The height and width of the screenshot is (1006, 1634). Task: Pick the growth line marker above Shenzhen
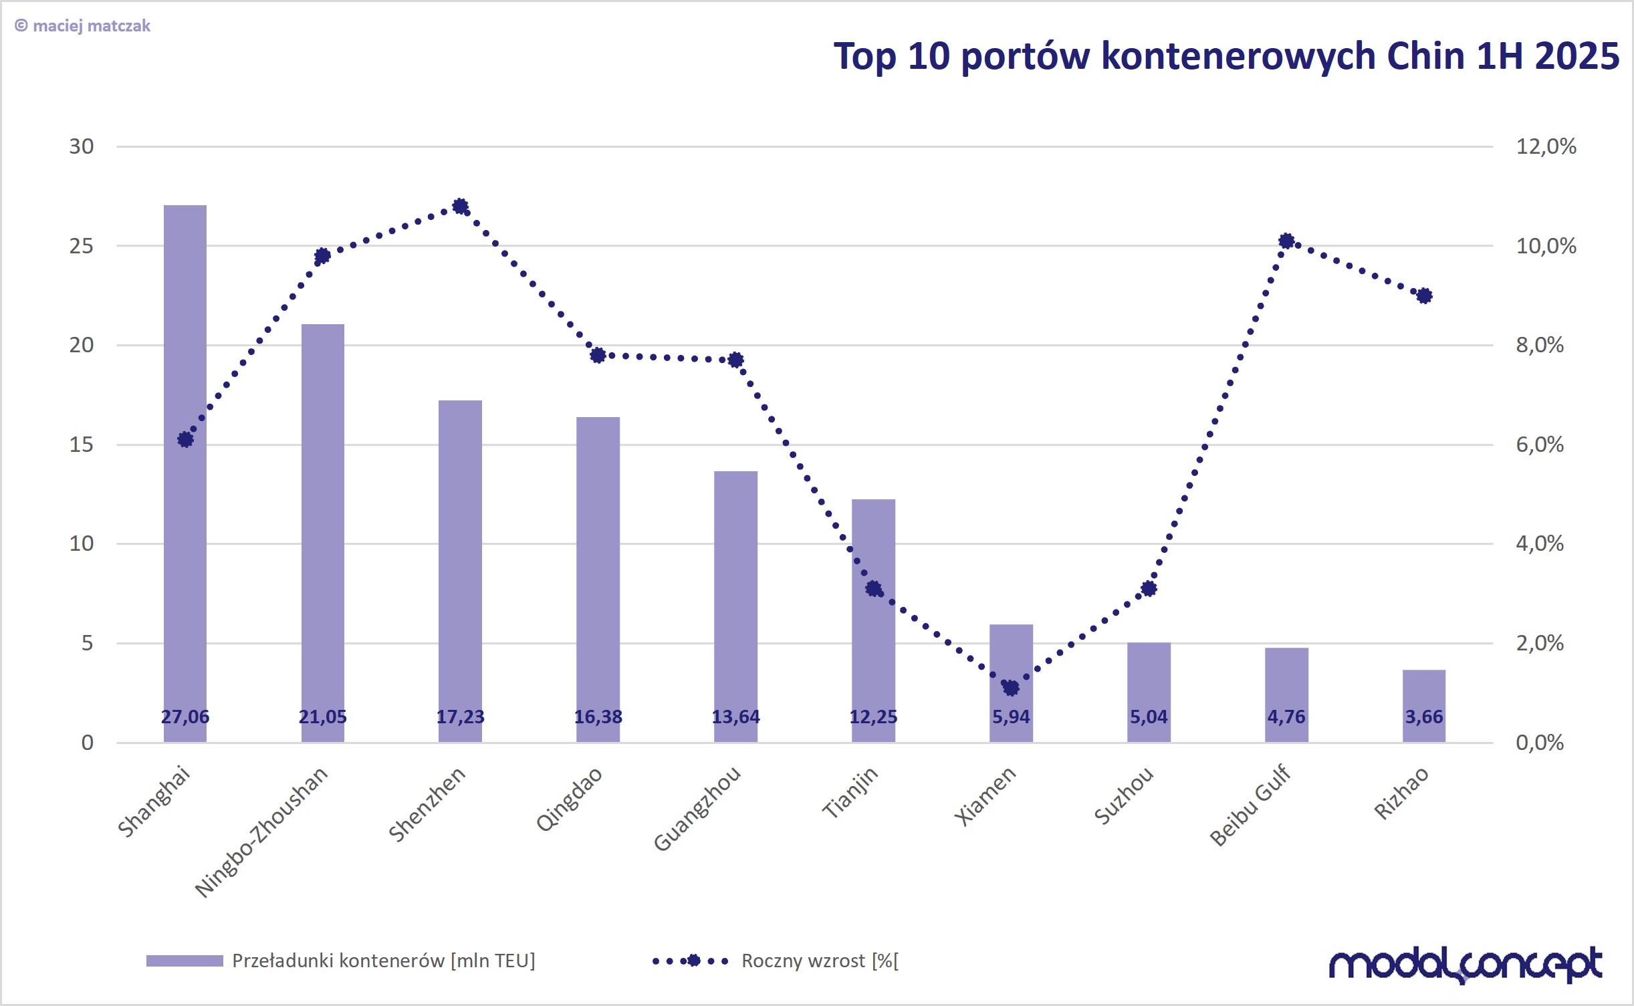click(x=460, y=206)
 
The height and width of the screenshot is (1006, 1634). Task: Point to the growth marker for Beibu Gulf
click(x=1286, y=241)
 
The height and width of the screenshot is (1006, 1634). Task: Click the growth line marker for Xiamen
click(x=1011, y=688)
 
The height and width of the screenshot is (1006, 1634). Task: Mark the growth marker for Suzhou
click(x=1149, y=589)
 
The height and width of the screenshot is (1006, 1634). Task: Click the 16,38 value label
click(x=598, y=717)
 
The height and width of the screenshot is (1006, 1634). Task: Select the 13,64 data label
click(x=735, y=717)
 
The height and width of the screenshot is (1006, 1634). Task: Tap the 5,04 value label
click(x=1149, y=717)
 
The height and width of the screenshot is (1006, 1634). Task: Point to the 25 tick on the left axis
click(x=82, y=246)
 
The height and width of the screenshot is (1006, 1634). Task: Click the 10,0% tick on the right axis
click(x=1546, y=246)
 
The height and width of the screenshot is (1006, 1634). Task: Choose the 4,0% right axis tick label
click(x=1540, y=543)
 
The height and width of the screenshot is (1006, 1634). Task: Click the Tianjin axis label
click(x=850, y=793)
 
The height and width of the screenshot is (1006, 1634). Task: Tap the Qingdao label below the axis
click(x=569, y=799)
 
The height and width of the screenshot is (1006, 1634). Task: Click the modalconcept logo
click(x=1464, y=965)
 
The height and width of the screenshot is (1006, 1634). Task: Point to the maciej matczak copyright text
click(x=83, y=26)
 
